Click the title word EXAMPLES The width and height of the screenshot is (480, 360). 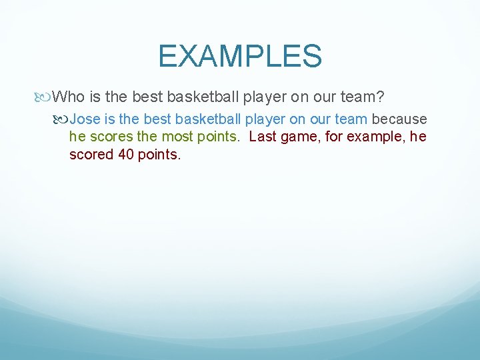coord(240,56)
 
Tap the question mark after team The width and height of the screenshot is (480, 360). coord(380,97)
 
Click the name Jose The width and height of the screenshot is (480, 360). coord(84,119)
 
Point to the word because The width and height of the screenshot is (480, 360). coord(399,119)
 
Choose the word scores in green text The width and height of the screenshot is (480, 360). coord(109,137)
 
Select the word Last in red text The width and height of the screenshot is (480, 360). coord(262,137)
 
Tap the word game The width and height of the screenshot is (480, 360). coord(297,137)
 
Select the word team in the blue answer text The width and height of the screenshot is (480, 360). coord(352,119)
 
